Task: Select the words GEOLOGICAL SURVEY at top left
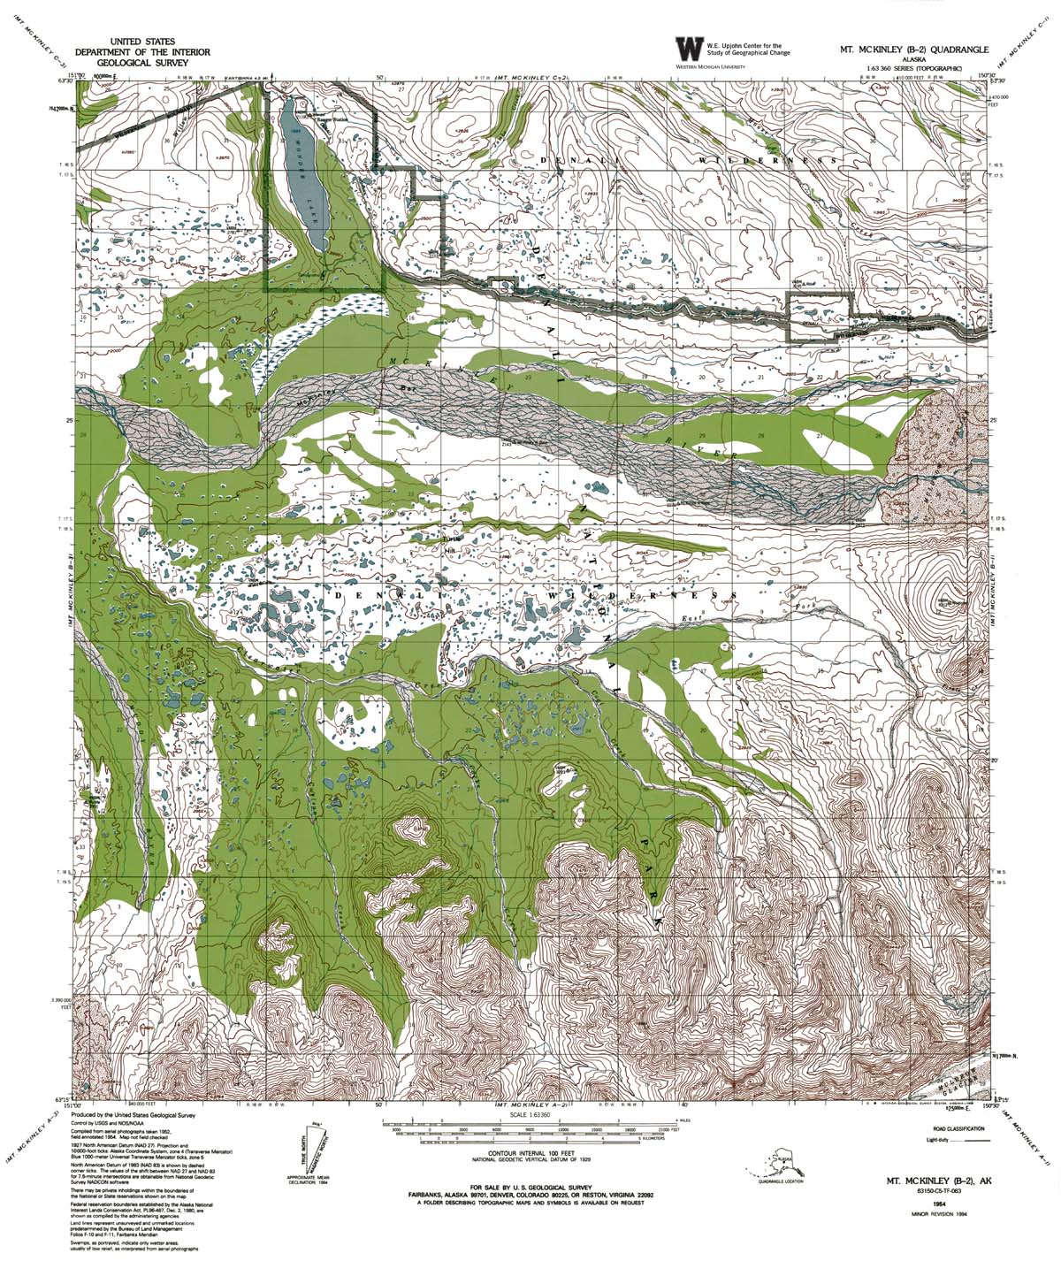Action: pyautogui.click(x=141, y=64)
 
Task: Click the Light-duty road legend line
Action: pyautogui.click(x=978, y=1142)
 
